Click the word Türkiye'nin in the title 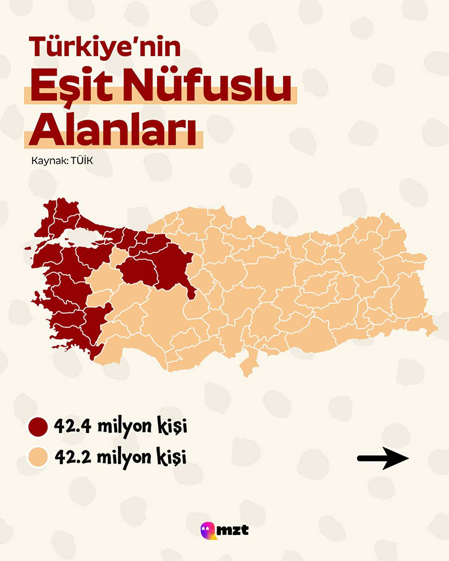tap(105, 47)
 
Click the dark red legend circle tap(38, 427)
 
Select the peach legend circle tap(38, 457)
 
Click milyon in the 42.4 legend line tap(124, 427)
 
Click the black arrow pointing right tap(383, 458)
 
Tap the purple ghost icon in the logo tap(207, 530)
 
